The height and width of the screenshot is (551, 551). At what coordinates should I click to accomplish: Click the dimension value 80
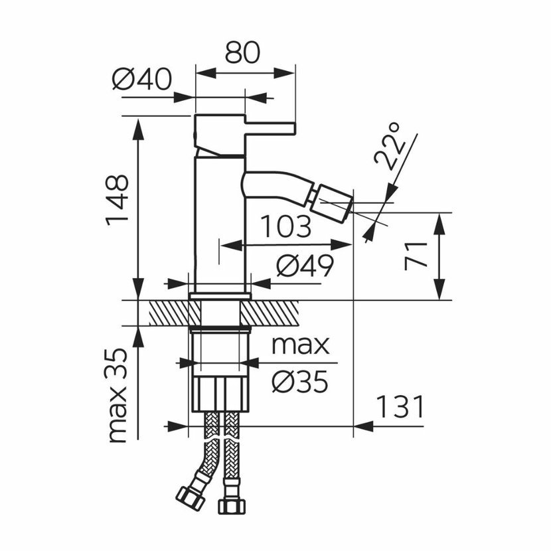[242, 52]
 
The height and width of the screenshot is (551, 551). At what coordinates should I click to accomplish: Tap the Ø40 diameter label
[142, 79]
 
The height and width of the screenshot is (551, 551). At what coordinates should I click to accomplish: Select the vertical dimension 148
[117, 200]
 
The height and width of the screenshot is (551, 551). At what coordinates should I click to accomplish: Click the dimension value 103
[285, 226]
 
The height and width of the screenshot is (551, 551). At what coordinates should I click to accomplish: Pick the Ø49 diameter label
[304, 266]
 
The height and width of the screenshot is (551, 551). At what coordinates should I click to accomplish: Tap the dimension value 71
[416, 256]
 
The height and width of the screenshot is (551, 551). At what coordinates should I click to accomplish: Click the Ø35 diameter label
[300, 382]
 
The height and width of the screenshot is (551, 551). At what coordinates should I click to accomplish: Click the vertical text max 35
[117, 396]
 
